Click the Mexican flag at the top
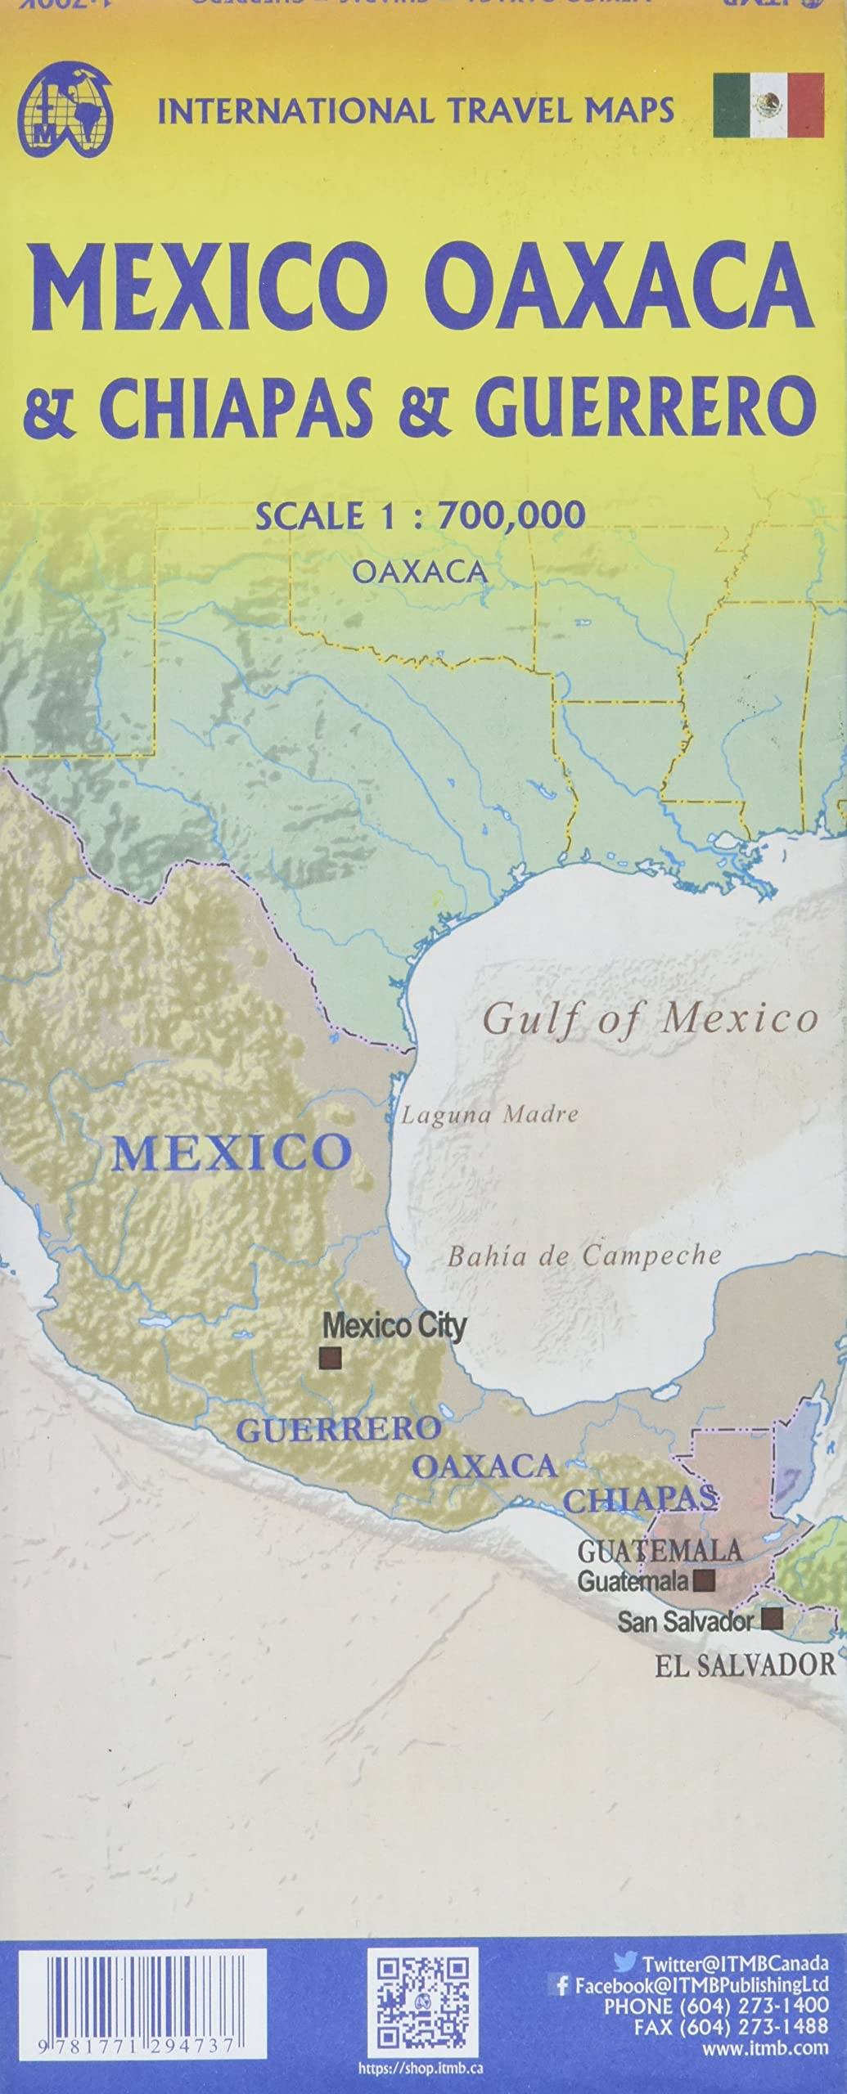pos(768,105)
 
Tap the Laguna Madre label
pos(489,1114)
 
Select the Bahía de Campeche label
pos(583,1256)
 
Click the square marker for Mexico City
pos(331,1358)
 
